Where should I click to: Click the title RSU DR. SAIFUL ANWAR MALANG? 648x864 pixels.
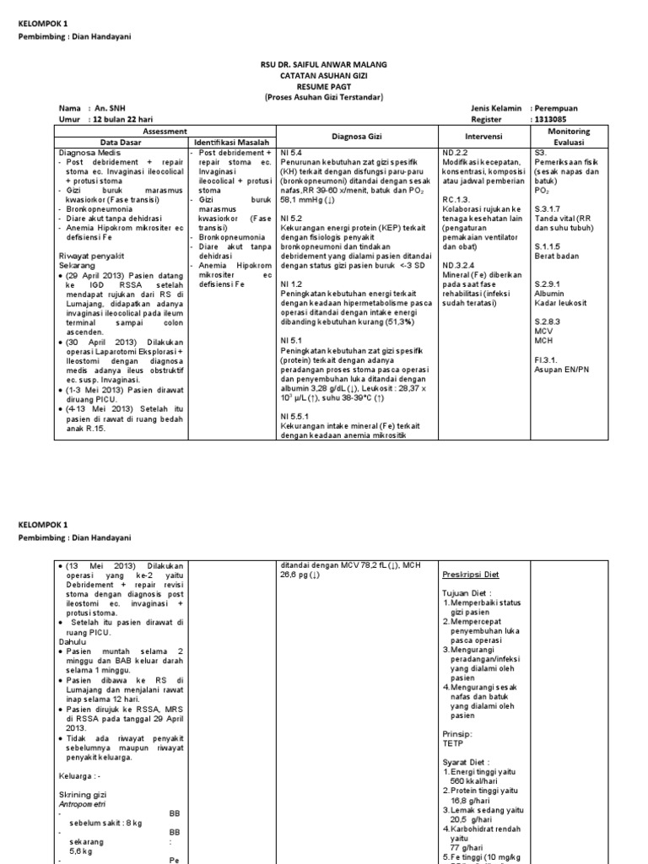(324, 64)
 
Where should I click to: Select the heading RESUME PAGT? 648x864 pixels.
(324, 86)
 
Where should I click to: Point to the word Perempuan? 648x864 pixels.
(557, 109)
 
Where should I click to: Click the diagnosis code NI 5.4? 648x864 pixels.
(291, 152)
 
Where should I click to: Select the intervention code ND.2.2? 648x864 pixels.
(456, 152)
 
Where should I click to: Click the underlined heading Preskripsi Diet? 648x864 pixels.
(471, 575)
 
